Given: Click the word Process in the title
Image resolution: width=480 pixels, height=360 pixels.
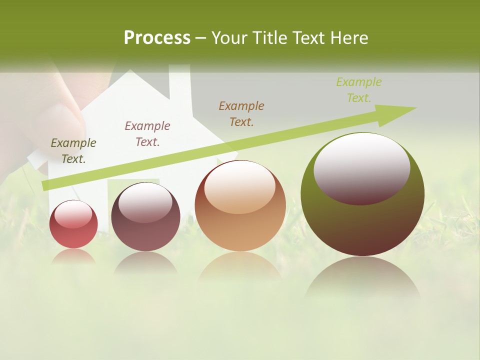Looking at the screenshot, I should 157,38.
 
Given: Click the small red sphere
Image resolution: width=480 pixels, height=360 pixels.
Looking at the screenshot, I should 73,224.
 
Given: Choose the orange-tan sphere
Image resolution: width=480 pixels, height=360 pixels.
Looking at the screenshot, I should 240,205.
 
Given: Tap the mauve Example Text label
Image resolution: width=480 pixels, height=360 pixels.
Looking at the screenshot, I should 147,134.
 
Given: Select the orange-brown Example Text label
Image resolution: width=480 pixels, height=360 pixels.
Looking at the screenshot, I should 241,114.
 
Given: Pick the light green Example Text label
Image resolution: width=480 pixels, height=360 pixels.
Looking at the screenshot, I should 359,90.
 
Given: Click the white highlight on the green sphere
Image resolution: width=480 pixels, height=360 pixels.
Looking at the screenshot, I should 361,167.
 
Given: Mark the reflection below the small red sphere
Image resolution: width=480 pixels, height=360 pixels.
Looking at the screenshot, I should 73,256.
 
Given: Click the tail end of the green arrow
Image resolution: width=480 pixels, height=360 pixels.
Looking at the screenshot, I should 46,186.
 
